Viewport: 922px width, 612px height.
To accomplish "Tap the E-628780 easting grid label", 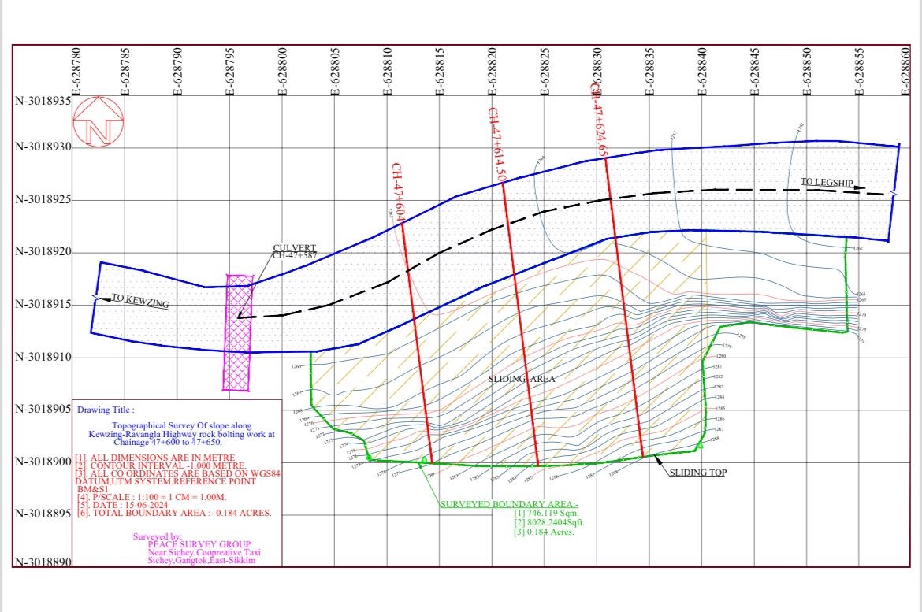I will [x=76, y=70].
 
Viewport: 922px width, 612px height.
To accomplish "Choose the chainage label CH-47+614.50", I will [x=496, y=144].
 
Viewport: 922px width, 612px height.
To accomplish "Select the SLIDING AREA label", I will [x=522, y=379].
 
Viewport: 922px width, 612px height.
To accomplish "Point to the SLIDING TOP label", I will [x=698, y=473].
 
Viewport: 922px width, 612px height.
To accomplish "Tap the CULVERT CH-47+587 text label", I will [x=294, y=252].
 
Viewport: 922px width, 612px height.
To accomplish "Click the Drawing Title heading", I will [x=106, y=410].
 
